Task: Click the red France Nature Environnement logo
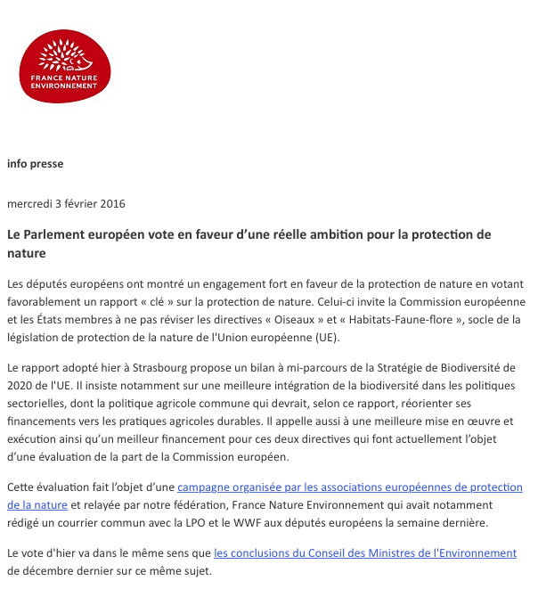pyautogui.click(x=65, y=66)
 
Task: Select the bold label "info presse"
pyautogui.click(x=35, y=164)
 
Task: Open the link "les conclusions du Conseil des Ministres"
pyautogui.click(x=365, y=552)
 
